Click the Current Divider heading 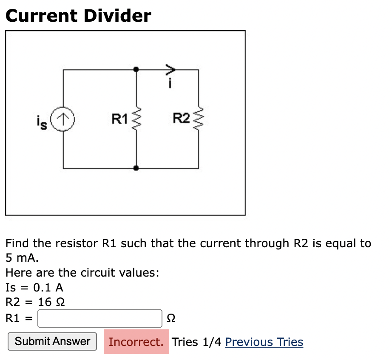(78, 16)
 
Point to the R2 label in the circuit (181, 119)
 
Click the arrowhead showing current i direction (170, 69)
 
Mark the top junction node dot (136, 69)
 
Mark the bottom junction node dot (136, 168)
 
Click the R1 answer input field (100, 318)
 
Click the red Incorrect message (136, 342)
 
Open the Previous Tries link (264, 342)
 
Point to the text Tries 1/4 (197, 342)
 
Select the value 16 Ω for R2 (51, 302)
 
